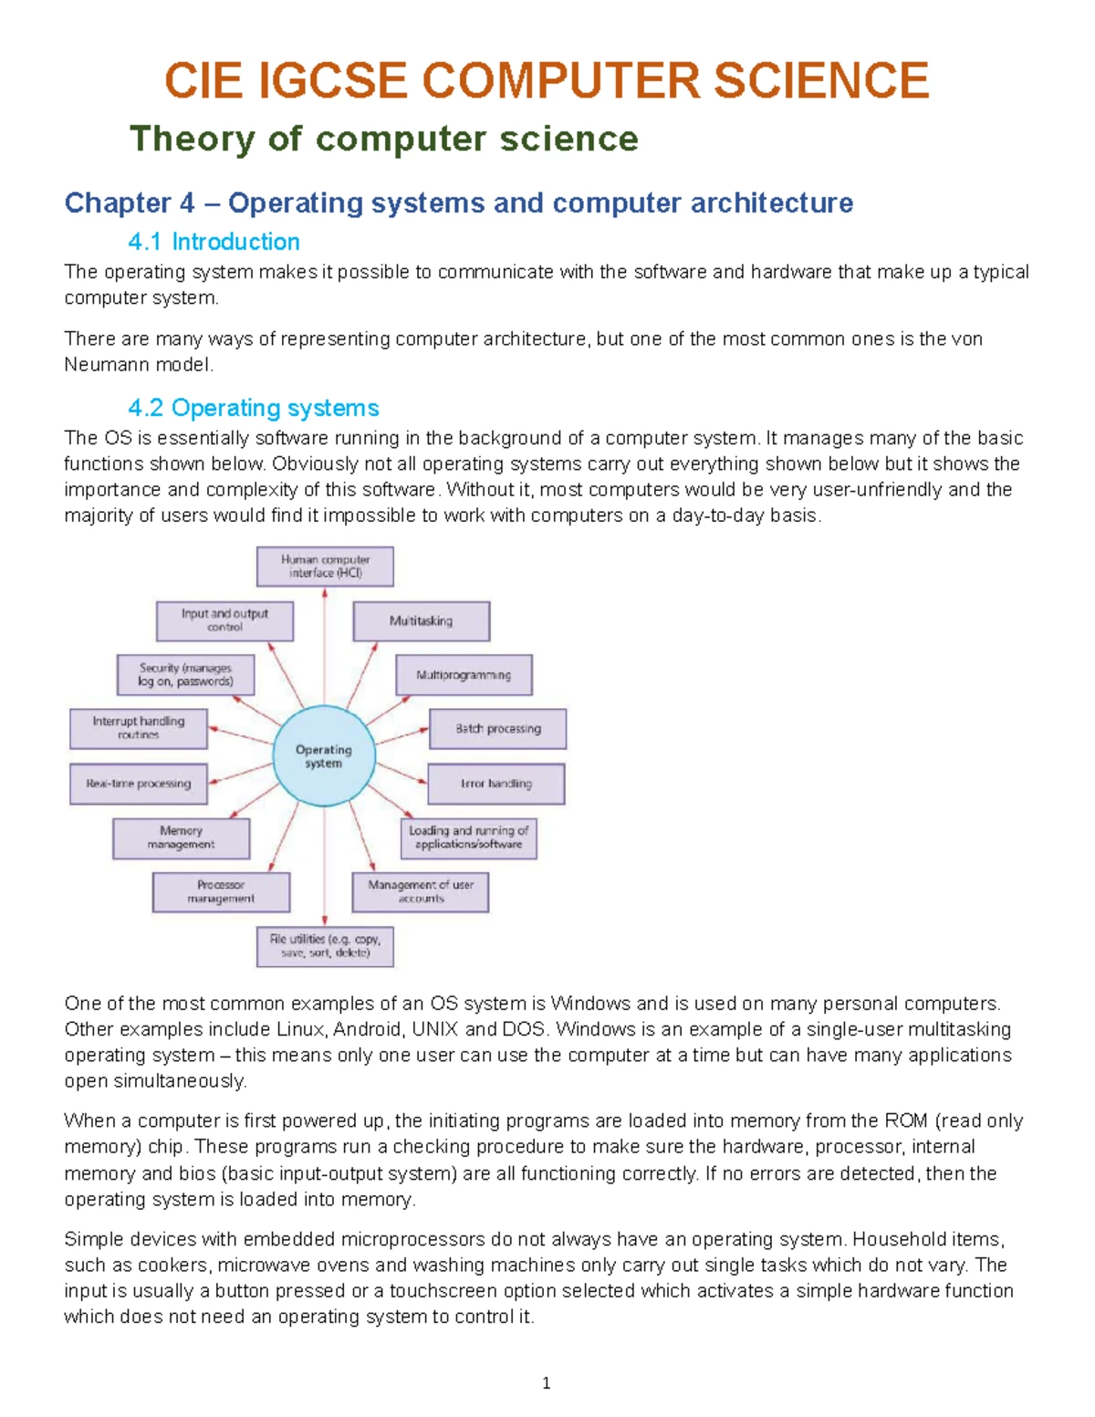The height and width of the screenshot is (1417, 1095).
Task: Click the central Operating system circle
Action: click(x=324, y=756)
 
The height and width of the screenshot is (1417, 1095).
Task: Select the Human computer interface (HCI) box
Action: click(x=325, y=567)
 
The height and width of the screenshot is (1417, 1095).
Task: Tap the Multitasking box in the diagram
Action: click(x=421, y=621)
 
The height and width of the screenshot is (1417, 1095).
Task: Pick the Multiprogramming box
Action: click(x=464, y=675)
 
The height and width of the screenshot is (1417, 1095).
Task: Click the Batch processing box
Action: click(x=497, y=729)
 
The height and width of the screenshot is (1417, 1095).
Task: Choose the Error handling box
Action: click(x=496, y=784)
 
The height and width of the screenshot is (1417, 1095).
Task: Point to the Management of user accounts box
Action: click(x=421, y=892)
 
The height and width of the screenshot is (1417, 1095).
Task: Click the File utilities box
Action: click(x=325, y=946)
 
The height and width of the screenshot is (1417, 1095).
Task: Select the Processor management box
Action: click(x=221, y=892)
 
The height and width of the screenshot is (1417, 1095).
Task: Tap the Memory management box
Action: click(x=181, y=838)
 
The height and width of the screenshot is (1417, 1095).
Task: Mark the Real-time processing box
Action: click(x=139, y=784)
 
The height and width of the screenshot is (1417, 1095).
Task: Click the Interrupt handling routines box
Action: click(x=139, y=728)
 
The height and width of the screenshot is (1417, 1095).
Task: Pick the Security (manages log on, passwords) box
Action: click(x=185, y=675)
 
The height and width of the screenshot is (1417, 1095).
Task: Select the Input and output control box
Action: click(x=224, y=621)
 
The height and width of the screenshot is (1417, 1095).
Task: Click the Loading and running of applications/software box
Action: click(x=468, y=838)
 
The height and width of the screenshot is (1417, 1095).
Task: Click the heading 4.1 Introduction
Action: click(x=214, y=242)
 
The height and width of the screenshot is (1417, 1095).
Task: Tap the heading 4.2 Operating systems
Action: click(x=253, y=408)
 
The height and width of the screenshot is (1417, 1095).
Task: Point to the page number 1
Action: click(x=546, y=1384)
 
